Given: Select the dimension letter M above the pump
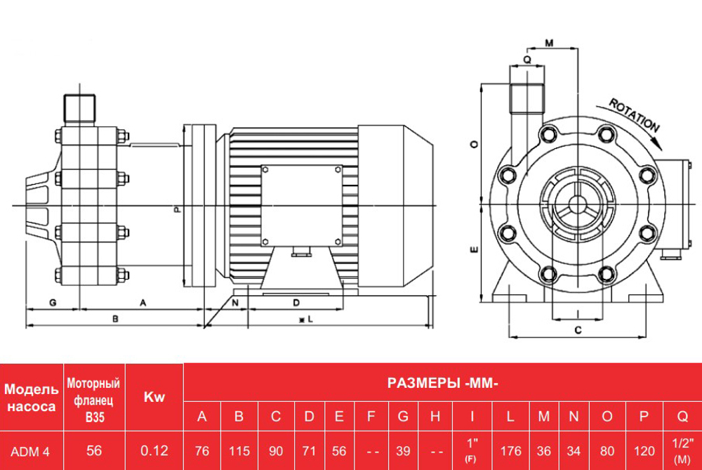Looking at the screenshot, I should [549, 44].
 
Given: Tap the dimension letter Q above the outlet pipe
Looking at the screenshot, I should [527, 60].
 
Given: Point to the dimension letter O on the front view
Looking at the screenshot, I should [475, 144].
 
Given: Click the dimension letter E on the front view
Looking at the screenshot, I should [475, 249].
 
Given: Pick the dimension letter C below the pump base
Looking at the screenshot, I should [578, 329].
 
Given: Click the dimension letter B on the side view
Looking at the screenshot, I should [115, 318].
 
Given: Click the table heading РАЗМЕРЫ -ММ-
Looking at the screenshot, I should [442, 383].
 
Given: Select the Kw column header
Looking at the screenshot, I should [154, 398].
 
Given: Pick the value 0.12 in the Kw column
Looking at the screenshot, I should [154, 451].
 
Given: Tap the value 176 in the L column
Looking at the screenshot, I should [510, 451].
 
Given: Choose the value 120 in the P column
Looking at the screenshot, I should [643, 451].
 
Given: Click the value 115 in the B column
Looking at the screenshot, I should [239, 451].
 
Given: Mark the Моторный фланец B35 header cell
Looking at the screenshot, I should [94, 398].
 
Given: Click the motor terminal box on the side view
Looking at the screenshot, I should [302, 205].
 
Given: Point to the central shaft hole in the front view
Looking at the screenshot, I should [577, 204].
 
